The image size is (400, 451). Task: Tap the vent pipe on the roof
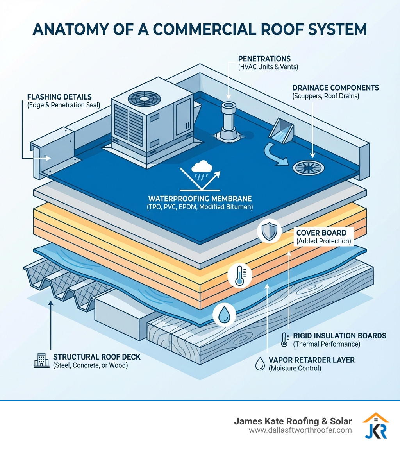(x=227, y=120)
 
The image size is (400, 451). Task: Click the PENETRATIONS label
(x=264, y=59)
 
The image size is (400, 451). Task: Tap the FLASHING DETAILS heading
(x=60, y=97)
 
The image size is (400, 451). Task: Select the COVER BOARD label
(x=321, y=233)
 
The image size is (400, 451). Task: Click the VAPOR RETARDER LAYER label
(x=311, y=360)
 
